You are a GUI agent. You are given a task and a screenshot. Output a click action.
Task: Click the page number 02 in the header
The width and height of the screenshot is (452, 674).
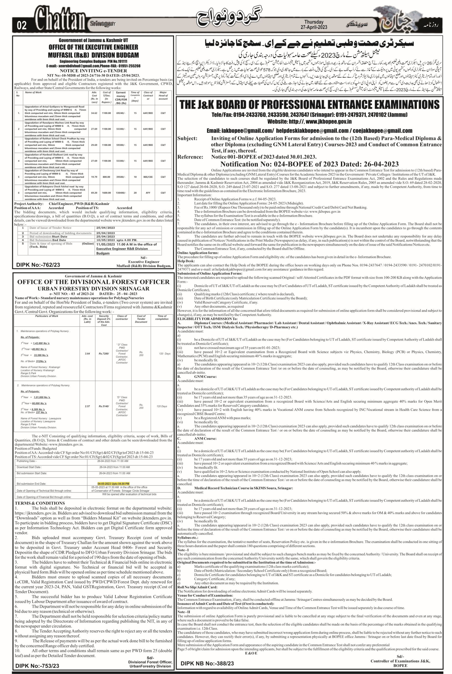[22, 26]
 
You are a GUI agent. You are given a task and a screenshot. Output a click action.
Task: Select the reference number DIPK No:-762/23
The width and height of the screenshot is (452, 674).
[38, 265]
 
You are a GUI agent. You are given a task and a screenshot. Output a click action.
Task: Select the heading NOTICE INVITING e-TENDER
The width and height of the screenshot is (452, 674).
[93, 71]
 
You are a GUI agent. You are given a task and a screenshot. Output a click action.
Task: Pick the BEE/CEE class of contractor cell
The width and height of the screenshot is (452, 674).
[148, 177]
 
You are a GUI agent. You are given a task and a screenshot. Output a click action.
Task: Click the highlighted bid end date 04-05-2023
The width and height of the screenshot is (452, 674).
[113, 483]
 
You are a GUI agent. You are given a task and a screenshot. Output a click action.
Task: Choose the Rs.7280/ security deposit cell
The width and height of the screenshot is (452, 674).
[104, 354]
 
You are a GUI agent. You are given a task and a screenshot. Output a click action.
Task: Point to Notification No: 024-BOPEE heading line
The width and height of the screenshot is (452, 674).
[309, 164]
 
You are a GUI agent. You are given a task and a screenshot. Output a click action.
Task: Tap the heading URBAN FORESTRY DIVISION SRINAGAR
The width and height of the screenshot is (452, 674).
[93, 289]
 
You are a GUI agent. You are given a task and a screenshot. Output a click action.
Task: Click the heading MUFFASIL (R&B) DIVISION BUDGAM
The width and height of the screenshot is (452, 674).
[93, 55]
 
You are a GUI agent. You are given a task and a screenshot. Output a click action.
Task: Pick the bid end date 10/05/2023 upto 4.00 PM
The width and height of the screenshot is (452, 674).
[117, 240]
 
